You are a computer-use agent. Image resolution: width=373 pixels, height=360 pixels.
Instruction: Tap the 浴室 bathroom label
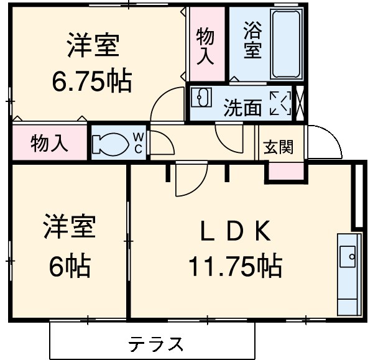(x=252, y=40)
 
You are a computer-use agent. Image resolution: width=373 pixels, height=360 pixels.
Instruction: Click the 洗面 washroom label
(x=242, y=109)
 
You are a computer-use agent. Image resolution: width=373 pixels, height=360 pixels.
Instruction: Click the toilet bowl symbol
(x=106, y=143)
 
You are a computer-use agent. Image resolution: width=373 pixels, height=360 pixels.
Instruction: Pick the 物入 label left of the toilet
(x=48, y=144)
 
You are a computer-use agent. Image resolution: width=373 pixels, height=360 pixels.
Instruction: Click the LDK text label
(x=234, y=233)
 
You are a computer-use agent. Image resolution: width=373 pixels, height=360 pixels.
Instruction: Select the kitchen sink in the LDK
(x=348, y=254)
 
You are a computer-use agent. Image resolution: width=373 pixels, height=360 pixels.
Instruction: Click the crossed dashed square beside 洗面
(x=280, y=103)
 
